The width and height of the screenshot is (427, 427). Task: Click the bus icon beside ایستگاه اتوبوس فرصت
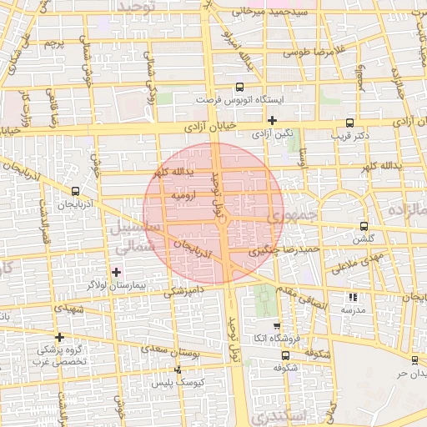[240, 86]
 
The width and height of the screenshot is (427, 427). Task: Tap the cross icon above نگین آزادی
[272, 120]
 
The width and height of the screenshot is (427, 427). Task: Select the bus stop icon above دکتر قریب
[349, 120]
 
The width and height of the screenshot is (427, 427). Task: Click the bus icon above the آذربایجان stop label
[76, 191]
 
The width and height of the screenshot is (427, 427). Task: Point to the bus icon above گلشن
[363, 225]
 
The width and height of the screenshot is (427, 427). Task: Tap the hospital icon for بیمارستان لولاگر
[116, 272]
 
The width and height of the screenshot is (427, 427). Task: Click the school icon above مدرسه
[353, 296]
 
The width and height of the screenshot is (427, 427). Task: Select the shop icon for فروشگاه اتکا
[277, 325]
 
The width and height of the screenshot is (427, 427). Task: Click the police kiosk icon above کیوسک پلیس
[177, 369]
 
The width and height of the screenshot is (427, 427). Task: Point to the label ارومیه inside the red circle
[183, 195]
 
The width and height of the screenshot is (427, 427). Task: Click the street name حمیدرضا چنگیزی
[284, 249]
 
